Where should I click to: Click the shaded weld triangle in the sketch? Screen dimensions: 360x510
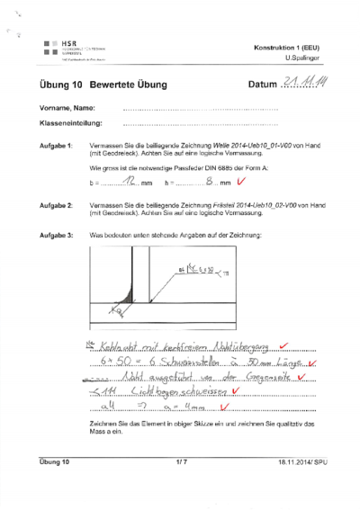(138, 296)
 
